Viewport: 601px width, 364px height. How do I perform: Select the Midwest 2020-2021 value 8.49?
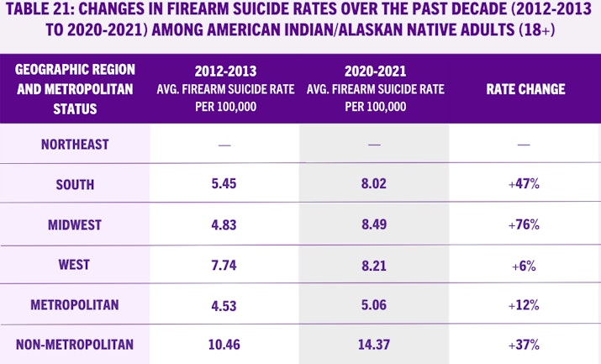pos(374,224)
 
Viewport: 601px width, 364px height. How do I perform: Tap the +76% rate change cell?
pos(524,224)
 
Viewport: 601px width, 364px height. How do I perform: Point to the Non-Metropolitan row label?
pos(75,344)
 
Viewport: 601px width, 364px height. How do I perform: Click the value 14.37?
pos(374,344)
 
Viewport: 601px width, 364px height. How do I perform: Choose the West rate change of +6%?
pos(524,265)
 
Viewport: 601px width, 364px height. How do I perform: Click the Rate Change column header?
pos(525,89)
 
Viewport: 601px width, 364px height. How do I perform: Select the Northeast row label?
pos(75,145)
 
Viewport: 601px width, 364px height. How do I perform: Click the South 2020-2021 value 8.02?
pos(374,184)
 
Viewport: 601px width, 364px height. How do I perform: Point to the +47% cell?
pos(524,184)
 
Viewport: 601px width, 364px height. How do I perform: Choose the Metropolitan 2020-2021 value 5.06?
pos(374,304)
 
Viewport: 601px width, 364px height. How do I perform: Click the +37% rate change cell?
pos(524,344)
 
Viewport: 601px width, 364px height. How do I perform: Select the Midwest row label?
pos(75,224)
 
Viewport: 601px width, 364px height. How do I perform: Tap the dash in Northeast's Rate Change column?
pos(524,145)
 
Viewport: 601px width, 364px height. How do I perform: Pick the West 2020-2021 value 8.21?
pos(374,265)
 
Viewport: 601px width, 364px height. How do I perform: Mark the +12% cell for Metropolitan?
pos(524,304)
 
